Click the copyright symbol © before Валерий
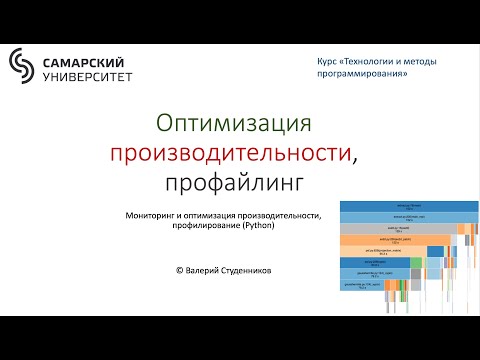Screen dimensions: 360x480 click(179, 270)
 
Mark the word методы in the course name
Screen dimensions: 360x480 click(438, 62)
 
